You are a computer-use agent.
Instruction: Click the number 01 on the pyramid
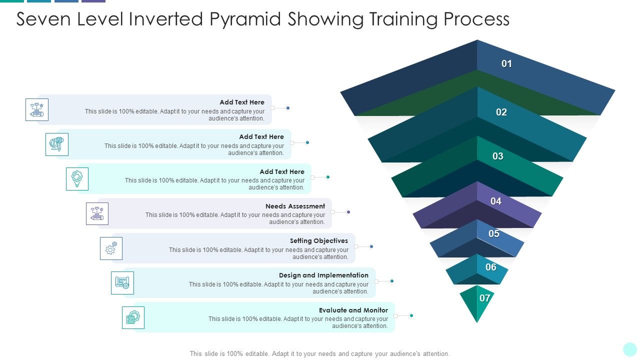pos(506,63)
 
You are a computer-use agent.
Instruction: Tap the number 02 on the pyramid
pos(501,112)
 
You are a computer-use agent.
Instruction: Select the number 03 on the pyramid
pos(497,156)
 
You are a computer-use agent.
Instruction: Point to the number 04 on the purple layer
pos(495,201)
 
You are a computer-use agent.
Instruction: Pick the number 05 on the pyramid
pos(493,233)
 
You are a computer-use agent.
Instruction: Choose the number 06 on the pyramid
pos(490,267)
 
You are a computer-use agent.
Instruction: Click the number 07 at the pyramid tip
pos(484,298)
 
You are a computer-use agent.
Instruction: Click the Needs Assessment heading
pos(295,206)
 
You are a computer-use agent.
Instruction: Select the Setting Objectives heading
pos(319,240)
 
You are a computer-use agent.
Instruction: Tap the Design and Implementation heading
pos(323,275)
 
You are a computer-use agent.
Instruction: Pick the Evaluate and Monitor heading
pos(353,310)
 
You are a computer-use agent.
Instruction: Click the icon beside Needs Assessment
pos(97,213)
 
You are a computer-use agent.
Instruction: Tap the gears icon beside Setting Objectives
pos(111,248)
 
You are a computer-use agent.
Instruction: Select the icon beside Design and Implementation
pos(122,283)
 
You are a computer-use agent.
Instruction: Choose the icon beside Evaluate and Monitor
pos(133,317)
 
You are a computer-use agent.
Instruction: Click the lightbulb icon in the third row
pos(77,179)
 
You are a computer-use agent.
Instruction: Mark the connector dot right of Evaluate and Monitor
pos(411,315)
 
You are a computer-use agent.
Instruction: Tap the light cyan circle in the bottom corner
pos(630,349)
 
